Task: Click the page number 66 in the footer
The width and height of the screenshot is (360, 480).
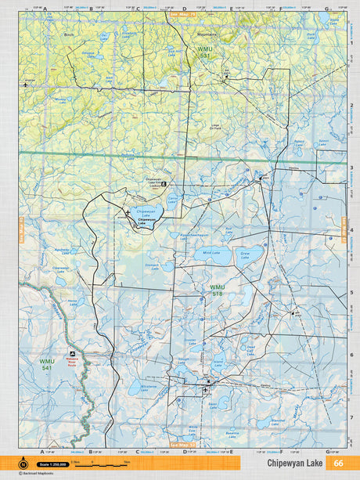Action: pos(337,463)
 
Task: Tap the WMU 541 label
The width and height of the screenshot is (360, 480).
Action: pos(47,363)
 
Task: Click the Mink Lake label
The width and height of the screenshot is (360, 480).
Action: pos(211,253)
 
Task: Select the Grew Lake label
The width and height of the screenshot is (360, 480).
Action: pos(246,256)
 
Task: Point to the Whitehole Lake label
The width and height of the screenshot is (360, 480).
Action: pos(148,386)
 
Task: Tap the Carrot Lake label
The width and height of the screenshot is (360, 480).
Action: pos(173,200)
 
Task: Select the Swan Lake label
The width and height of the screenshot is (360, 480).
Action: pos(322,143)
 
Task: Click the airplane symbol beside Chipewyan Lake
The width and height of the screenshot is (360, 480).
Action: pos(128,212)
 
